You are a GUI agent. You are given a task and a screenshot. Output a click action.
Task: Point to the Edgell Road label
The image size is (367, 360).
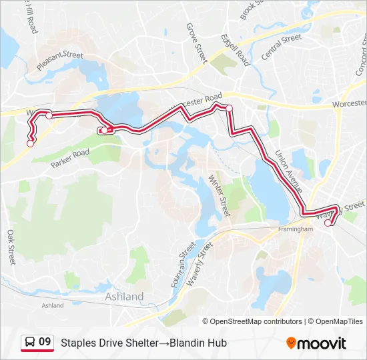(236, 50)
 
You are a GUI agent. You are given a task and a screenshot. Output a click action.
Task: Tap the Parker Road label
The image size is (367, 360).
(70, 157)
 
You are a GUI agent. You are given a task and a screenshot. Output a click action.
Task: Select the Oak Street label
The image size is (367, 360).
(11, 247)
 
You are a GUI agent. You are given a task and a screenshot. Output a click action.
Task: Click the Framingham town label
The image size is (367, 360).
(295, 229)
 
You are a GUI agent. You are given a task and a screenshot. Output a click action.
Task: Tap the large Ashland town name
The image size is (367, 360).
(124, 296)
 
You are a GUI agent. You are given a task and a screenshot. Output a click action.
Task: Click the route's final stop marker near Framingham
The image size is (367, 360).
(328, 223)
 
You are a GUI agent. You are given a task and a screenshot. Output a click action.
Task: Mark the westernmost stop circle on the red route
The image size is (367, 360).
(30, 143)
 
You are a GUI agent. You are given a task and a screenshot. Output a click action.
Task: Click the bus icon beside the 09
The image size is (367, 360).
(30, 343)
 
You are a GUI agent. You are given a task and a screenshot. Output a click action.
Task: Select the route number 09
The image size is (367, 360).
(45, 343)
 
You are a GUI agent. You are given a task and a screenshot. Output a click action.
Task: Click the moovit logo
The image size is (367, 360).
(316, 343)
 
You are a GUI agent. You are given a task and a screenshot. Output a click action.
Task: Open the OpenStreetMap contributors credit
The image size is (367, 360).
(256, 321)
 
